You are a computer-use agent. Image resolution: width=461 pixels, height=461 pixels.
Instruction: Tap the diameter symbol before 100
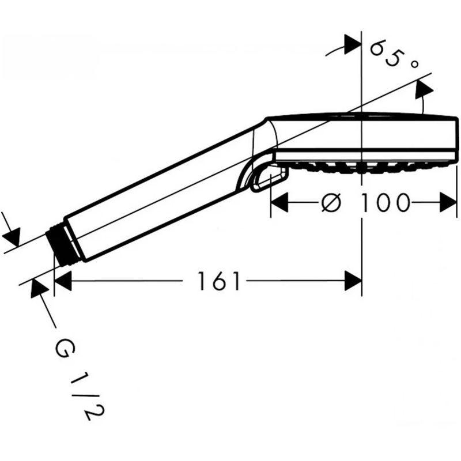334,202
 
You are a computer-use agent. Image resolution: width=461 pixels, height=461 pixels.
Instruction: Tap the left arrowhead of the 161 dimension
63,282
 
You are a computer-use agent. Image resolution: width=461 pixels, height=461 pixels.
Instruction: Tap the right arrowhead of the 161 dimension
353,282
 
